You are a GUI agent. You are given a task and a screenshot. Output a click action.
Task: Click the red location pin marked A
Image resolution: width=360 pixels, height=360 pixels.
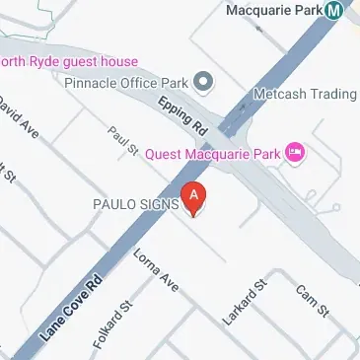[x=194, y=199]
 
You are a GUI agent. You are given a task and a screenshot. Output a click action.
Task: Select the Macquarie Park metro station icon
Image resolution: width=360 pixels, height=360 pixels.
[x=335, y=10]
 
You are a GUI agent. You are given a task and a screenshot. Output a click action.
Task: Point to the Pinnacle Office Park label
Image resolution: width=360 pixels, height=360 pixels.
[x=126, y=82]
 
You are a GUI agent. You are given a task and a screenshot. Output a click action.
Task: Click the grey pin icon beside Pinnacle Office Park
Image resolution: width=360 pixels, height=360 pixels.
[x=204, y=81]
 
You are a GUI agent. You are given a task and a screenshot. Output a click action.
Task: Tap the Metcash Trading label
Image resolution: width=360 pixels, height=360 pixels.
[x=304, y=94]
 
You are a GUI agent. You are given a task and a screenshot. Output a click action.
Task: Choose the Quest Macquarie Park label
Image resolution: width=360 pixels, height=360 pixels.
[x=211, y=153]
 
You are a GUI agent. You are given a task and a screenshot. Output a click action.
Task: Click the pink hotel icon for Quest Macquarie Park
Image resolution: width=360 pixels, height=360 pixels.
[x=293, y=153]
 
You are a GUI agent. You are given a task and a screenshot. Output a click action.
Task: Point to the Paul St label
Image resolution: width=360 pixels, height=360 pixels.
[x=123, y=140]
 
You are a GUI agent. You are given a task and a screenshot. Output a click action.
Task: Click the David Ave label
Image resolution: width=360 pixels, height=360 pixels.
[x=19, y=117]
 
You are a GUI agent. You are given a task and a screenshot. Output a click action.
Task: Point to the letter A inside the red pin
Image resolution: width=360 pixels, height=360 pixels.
[x=194, y=195]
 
